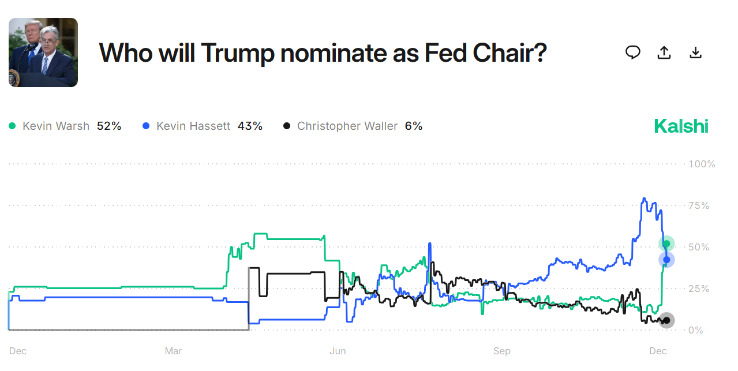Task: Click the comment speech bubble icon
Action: (633, 53)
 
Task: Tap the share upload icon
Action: (664, 53)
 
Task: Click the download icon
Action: (695, 53)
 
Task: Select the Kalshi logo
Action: (681, 126)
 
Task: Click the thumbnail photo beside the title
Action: (43, 53)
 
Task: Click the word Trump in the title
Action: (238, 53)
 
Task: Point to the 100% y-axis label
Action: (702, 164)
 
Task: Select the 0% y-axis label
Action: (696, 330)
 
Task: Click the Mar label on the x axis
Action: (173, 351)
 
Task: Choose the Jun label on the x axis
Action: (338, 351)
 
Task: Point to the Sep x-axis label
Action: (502, 351)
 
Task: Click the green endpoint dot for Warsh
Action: (666, 243)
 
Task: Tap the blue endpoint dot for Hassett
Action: (666, 260)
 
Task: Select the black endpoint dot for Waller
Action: (666, 320)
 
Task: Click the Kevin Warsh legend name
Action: (56, 126)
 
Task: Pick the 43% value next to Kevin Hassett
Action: (250, 126)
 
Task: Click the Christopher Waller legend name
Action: (347, 126)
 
